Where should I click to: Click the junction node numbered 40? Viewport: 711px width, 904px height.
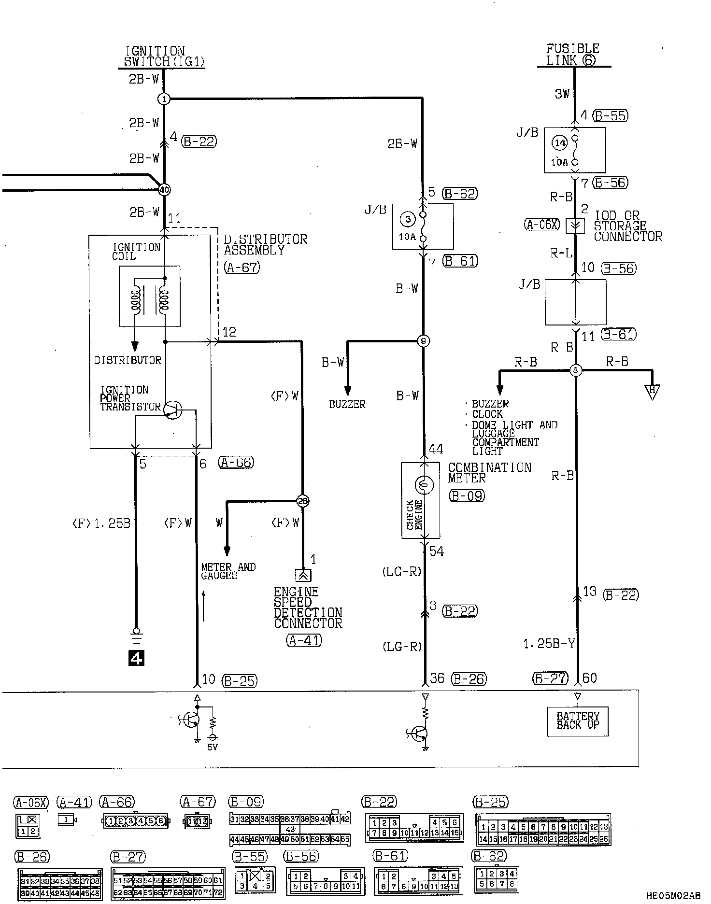click(x=164, y=190)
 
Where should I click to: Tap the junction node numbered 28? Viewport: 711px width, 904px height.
click(x=303, y=501)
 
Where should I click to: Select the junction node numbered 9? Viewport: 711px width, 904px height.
click(x=423, y=341)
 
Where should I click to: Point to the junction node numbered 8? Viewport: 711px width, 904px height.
click(x=575, y=370)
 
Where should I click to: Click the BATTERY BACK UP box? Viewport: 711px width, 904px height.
click(x=578, y=721)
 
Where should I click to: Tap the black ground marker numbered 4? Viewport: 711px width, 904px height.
click(x=136, y=658)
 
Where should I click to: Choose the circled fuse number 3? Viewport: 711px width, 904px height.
click(x=408, y=220)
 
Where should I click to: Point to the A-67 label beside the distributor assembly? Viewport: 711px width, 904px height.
click(x=242, y=267)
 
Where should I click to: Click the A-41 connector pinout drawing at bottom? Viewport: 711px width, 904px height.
click(x=67, y=819)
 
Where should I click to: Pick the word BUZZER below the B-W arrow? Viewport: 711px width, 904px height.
click(x=347, y=404)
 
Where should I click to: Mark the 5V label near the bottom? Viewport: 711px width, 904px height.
click(x=212, y=747)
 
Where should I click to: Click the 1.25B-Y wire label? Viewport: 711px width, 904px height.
click(x=549, y=644)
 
